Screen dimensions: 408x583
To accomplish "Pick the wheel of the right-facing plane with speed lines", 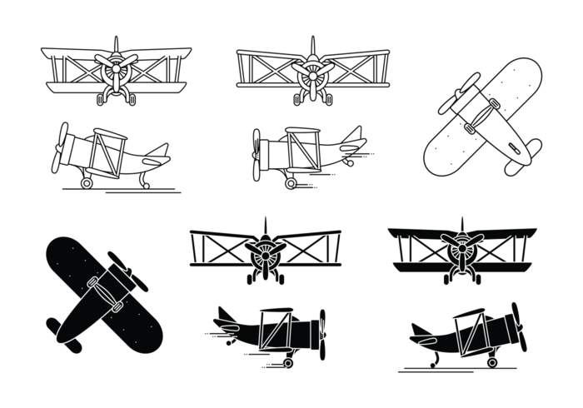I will [x=288, y=361].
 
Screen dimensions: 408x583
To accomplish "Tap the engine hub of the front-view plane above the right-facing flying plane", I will [x=264, y=249].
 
